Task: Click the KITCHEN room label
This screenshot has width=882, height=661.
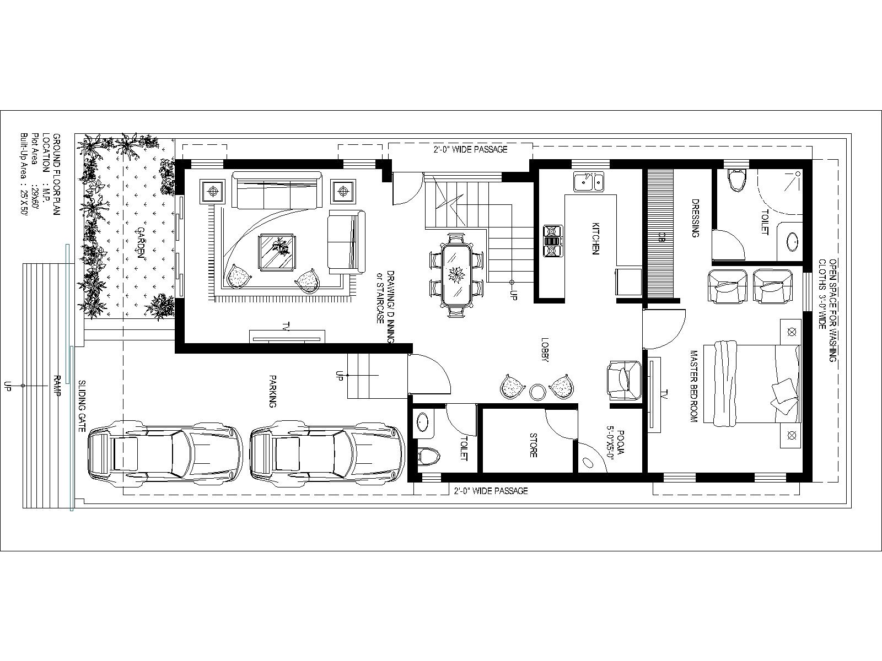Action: pos(595,239)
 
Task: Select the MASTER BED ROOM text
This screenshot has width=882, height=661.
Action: pos(693,387)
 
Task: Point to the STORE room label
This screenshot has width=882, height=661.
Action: pos(533,445)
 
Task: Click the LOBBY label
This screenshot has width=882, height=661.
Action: pos(545,350)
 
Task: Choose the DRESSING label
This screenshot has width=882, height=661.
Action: pos(696,218)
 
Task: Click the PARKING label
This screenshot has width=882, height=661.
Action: pos(273,391)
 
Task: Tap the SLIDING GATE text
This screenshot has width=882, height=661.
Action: pos(82,406)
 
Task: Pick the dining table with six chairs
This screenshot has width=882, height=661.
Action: pos(456,276)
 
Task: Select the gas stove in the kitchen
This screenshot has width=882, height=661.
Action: pos(553,241)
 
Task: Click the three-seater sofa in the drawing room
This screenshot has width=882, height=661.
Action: pos(277,190)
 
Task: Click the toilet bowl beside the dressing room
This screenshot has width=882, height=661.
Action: pos(737,180)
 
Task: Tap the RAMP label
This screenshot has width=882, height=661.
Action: pos(57,386)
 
